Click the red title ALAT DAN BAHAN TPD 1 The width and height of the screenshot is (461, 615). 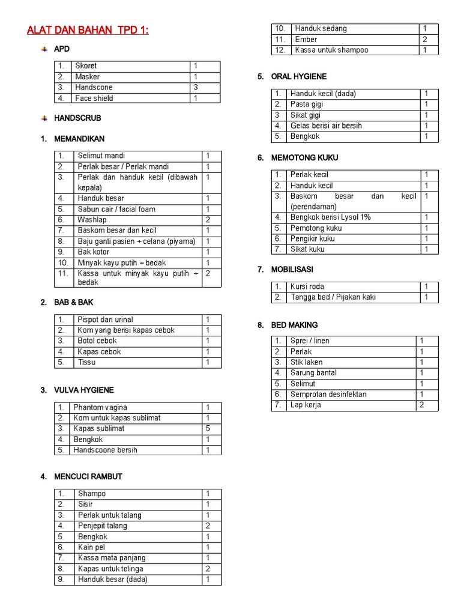tap(88, 30)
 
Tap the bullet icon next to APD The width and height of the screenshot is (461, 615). tap(44, 49)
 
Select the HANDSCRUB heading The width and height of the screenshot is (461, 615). tap(77, 118)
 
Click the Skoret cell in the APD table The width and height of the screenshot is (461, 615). tap(86, 66)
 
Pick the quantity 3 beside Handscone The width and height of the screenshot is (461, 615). tap(196, 88)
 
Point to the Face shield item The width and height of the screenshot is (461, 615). tap(94, 98)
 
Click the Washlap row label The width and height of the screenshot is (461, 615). tap(92, 220)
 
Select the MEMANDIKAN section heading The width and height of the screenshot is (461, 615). tap(79, 139)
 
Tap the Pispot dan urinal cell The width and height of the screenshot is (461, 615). tap(105, 320)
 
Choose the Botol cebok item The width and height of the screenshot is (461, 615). tap(97, 341)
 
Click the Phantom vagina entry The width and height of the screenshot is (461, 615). tap(100, 407)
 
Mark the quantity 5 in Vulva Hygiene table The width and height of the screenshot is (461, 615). tap(208, 429)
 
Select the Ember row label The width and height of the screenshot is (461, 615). tap(306, 40)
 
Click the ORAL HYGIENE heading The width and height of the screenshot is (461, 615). tap(299, 77)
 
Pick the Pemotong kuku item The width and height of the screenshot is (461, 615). tap(316, 228)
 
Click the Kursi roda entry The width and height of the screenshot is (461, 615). tap(307, 286)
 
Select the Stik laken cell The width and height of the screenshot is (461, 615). tap(306, 362)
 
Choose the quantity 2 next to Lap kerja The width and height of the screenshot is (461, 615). tap(422, 405)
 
